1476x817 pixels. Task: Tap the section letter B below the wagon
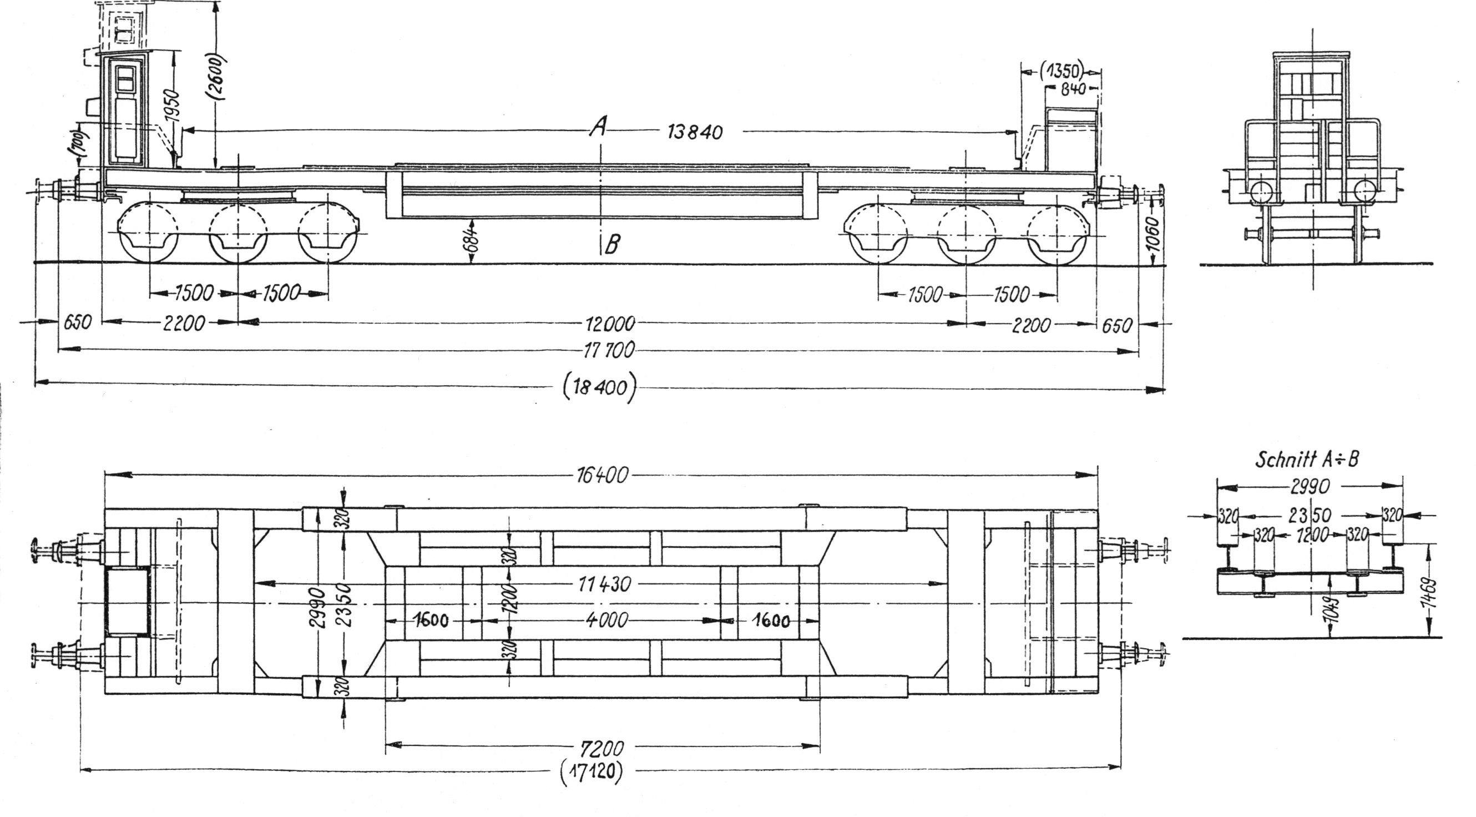[612, 245]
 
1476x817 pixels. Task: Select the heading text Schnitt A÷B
[1306, 459]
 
